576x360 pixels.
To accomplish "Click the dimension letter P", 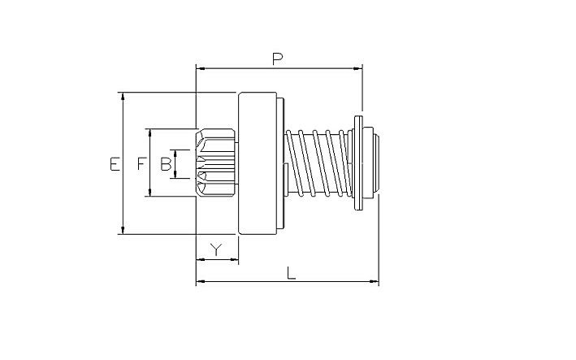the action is click(x=277, y=59).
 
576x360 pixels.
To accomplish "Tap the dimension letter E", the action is click(x=115, y=164).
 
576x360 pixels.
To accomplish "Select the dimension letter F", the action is click(x=141, y=164).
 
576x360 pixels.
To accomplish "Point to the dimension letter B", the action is click(x=166, y=164).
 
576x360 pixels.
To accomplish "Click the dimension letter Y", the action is click(x=217, y=249).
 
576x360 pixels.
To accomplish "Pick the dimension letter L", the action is click(x=291, y=273).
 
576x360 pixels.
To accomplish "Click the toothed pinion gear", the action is click(x=216, y=163).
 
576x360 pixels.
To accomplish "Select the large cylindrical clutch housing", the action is click(x=258, y=163).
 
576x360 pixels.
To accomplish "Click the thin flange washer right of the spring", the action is click(x=358, y=163).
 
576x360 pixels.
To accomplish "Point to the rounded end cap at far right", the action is click(x=370, y=163).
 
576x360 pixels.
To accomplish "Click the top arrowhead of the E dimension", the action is click(x=123, y=96).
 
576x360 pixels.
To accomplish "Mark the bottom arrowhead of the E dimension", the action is click(x=123, y=231).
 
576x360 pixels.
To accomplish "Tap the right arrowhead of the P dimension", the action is click(x=357, y=68).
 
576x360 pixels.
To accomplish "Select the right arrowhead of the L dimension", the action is click(x=374, y=282).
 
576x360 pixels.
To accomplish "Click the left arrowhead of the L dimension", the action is click(x=201, y=282).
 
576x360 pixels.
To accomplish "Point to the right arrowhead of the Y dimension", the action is click(x=234, y=259).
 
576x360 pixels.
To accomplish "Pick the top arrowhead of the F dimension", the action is click(x=149, y=132).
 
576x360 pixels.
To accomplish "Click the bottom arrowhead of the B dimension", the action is click(x=175, y=175).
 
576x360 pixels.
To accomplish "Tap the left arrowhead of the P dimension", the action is click(x=201, y=68).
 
